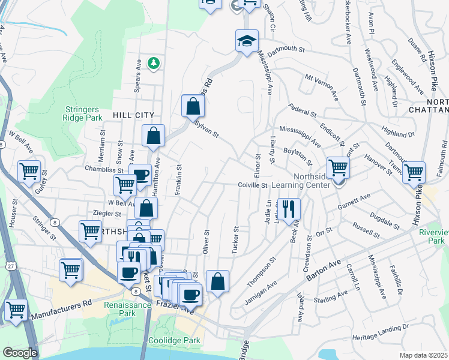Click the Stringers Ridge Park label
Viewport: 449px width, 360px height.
[x=85, y=113]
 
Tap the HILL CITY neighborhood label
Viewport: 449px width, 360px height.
[x=133, y=115]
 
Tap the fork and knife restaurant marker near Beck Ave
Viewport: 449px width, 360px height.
[x=289, y=209]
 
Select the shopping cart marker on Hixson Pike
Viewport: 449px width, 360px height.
[x=414, y=173]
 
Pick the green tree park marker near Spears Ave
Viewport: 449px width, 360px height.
[x=154, y=62]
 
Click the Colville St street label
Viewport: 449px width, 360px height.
[x=252, y=185]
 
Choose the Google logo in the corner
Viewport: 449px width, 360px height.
[x=20, y=353]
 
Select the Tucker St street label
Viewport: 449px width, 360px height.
[x=235, y=240]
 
